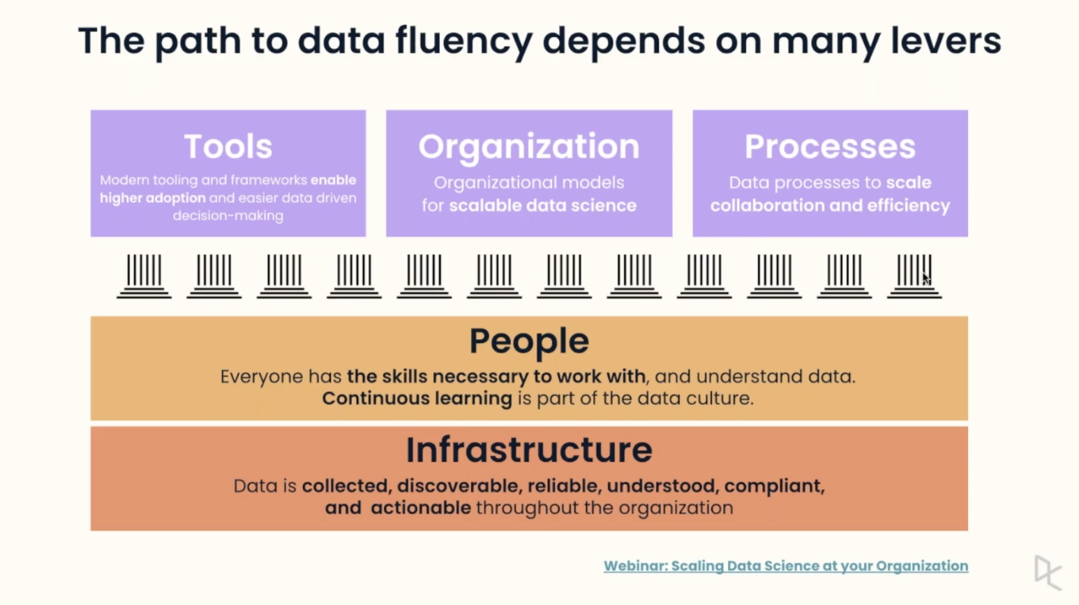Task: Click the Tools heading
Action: click(228, 147)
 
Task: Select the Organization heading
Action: click(528, 147)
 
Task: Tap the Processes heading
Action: click(830, 147)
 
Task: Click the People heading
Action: click(529, 341)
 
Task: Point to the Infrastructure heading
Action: click(529, 450)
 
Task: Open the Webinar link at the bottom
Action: click(785, 566)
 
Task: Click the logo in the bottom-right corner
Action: click(1047, 572)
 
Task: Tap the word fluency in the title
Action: click(463, 41)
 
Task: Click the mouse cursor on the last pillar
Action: click(925, 278)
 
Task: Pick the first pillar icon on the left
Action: click(144, 276)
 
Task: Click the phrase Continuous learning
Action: click(417, 398)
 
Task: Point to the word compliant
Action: click(774, 486)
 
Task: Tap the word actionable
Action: click(420, 508)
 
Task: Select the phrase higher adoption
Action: click(152, 198)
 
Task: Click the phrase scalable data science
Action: click(542, 205)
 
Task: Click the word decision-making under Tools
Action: click(228, 216)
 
